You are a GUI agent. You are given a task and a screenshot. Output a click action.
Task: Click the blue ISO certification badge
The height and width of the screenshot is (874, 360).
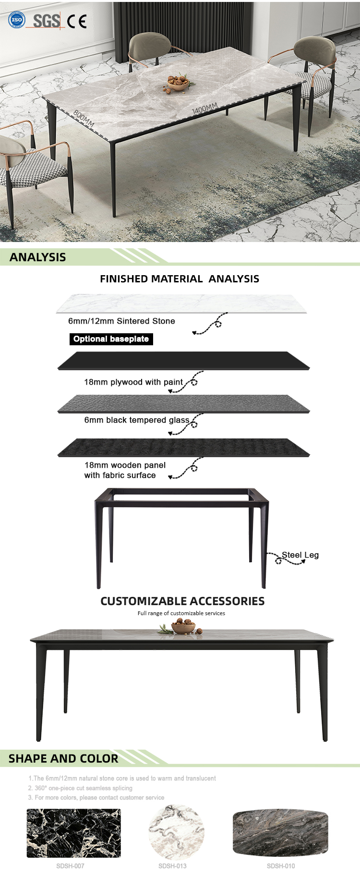[17, 20]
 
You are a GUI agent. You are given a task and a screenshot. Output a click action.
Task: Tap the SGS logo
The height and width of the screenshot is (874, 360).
[47, 21]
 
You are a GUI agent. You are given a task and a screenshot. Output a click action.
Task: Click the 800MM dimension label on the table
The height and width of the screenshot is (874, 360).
[84, 119]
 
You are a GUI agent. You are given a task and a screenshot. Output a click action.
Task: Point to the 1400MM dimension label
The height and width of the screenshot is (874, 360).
[205, 109]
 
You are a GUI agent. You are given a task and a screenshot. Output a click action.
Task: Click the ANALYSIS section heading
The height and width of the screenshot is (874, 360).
[38, 257]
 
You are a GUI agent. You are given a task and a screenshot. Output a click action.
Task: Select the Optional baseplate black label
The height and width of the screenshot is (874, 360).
[111, 339]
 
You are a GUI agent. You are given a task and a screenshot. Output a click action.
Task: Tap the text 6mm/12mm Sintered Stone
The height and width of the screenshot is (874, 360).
[121, 321]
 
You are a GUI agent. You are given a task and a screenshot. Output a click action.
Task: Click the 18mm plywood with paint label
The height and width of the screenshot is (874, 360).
[133, 382]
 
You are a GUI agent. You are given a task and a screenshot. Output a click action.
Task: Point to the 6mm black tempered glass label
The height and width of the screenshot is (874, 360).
[137, 420]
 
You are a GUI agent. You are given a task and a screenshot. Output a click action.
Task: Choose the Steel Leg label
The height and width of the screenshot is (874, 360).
[300, 555]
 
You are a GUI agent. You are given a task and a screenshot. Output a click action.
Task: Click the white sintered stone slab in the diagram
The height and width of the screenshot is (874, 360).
[181, 304]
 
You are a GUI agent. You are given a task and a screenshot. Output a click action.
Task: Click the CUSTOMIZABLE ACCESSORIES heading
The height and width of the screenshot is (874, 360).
[182, 601]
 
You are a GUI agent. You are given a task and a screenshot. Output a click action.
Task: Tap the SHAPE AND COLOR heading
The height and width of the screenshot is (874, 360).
[63, 759]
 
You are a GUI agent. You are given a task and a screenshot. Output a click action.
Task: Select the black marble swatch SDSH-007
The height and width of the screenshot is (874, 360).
[74, 833]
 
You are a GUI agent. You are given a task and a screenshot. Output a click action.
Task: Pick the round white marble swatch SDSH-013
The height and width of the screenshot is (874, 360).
[177, 833]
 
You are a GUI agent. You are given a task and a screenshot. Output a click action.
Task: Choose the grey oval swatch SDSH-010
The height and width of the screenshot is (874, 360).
[281, 833]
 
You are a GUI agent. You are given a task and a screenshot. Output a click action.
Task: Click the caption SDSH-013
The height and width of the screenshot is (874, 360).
[172, 866]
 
